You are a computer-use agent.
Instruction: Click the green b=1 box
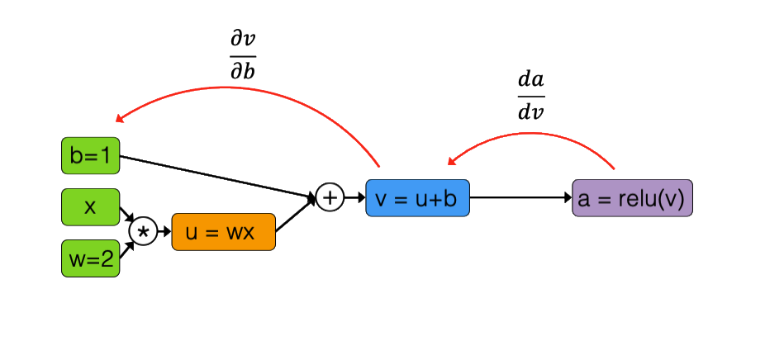pyautogui.click(x=91, y=156)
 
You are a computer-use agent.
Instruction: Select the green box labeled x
pyautogui.click(x=91, y=207)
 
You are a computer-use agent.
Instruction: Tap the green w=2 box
pyautogui.click(x=91, y=258)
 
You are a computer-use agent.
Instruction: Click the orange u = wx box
pyautogui.click(x=223, y=232)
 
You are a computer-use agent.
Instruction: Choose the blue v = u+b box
pyautogui.click(x=417, y=198)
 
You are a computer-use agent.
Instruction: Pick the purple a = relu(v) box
pyautogui.click(x=632, y=198)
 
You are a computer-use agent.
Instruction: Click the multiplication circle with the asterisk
pyautogui.click(x=143, y=233)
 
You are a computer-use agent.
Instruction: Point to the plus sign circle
pyautogui.click(x=329, y=197)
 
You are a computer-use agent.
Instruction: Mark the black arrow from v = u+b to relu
pyautogui.click(x=520, y=198)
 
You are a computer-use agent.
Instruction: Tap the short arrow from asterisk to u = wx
pyautogui.click(x=164, y=233)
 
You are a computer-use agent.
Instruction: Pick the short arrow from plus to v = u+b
pyautogui.click(x=354, y=198)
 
